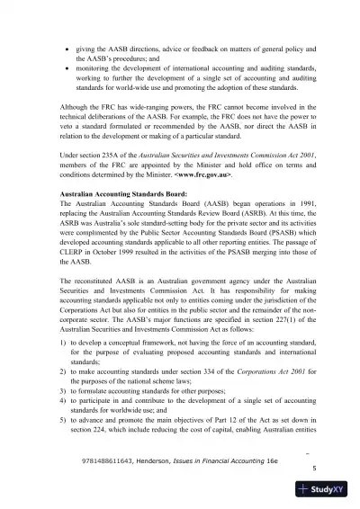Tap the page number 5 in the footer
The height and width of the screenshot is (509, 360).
[313, 468]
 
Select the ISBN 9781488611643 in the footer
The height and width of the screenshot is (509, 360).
[106, 457]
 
